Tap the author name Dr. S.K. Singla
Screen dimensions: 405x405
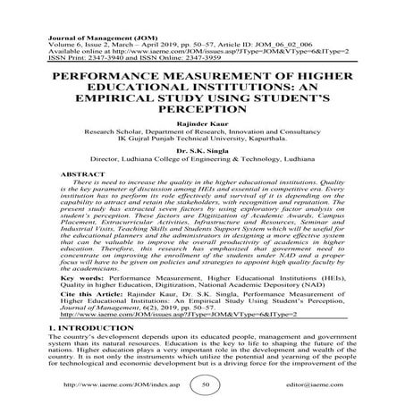tap(202, 150)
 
